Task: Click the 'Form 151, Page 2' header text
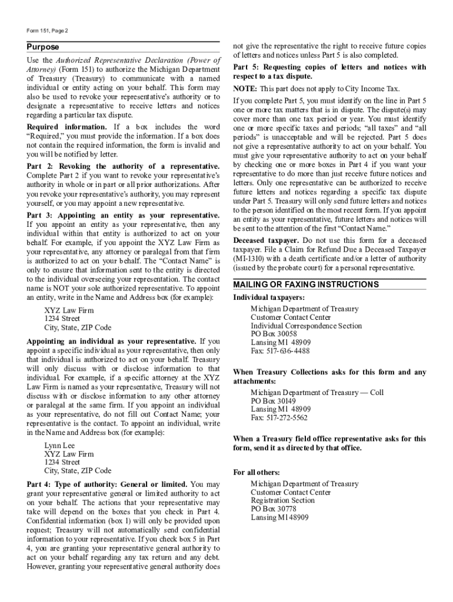48,30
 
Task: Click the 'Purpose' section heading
43,47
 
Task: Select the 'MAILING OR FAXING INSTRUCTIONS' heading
306,285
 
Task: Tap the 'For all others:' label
257,472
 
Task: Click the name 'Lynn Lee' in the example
59,446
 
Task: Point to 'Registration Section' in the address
282,500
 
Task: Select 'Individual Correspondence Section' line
306,326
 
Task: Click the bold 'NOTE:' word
245,88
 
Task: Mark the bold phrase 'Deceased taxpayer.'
266,240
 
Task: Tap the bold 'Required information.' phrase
66,127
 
